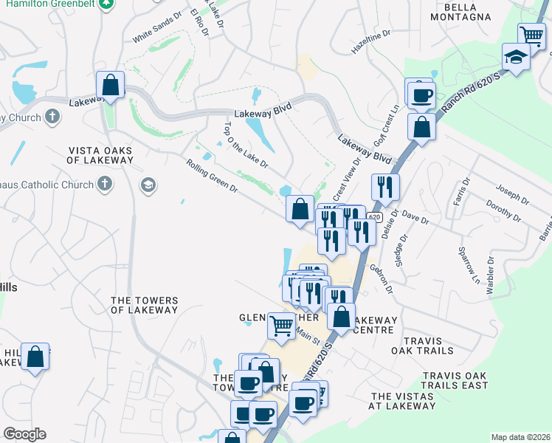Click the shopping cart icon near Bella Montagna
click(x=531, y=35)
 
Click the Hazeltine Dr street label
click(x=370, y=45)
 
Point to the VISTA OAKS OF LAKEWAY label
click(x=99, y=155)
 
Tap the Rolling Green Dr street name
click(x=212, y=177)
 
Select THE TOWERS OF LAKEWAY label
click(x=144, y=305)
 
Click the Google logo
click(x=24, y=434)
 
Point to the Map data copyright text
click(x=520, y=437)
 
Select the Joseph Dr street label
click(x=512, y=195)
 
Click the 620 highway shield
click(x=375, y=217)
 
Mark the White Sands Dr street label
click(x=156, y=28)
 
